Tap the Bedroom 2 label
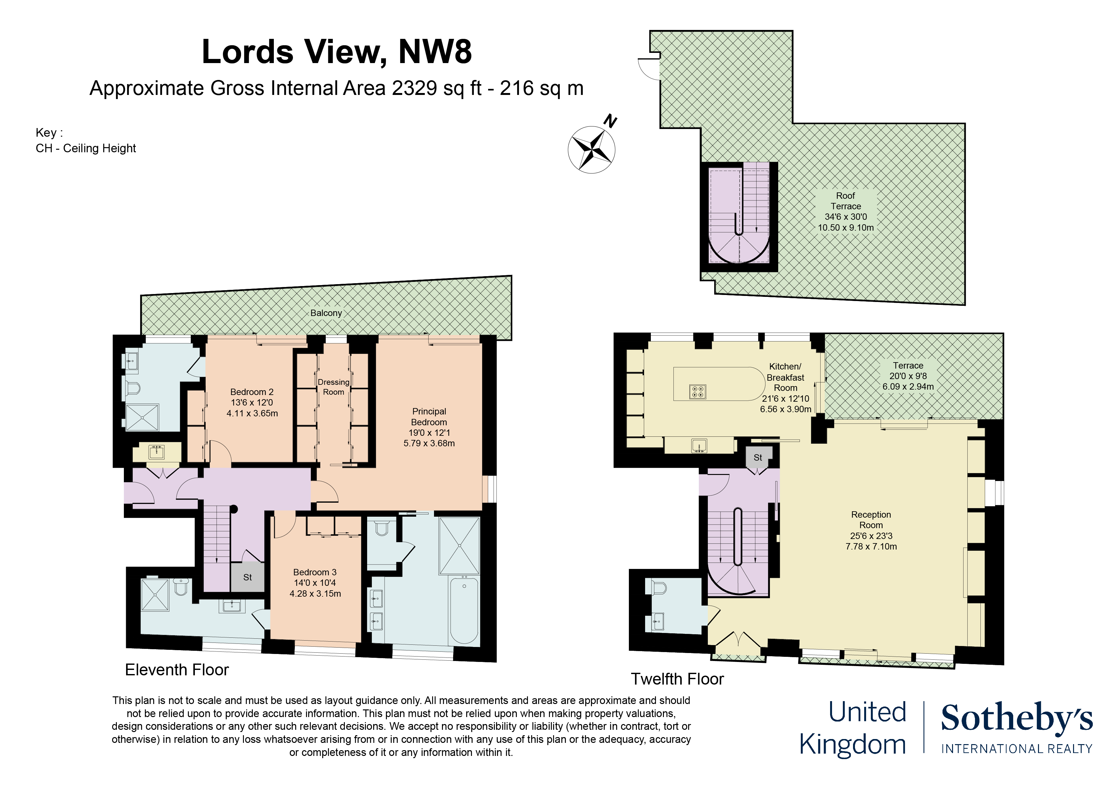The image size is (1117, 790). pyautogui.click(x=252, y=392)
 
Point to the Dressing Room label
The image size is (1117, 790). pyautogui.click(x=333, y=387)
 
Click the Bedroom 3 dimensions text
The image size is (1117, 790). pyautogui.click(x=315, y=588)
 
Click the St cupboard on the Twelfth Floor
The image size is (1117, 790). pyautogui.click(x=758, y=457)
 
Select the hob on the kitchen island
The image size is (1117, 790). pyautogui.click(x=697, y=391)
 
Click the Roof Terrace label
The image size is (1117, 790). pyautogui.click(x=845, y=201)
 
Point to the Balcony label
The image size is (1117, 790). pyautogui.click(x=326, y=313)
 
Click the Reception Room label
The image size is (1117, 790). pyautogui.click(x=871, y=519)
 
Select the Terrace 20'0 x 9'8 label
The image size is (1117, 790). pyautogui.click(x=908, y=376)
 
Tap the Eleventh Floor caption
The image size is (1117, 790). pyautogui.click(x=177, y=670)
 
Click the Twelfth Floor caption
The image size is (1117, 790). pyautogui.click(x=677, y=679)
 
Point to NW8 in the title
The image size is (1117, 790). pyautogui.click(x=435, y=52)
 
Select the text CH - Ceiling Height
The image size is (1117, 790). pyautogui.click(x=86, y=148)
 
